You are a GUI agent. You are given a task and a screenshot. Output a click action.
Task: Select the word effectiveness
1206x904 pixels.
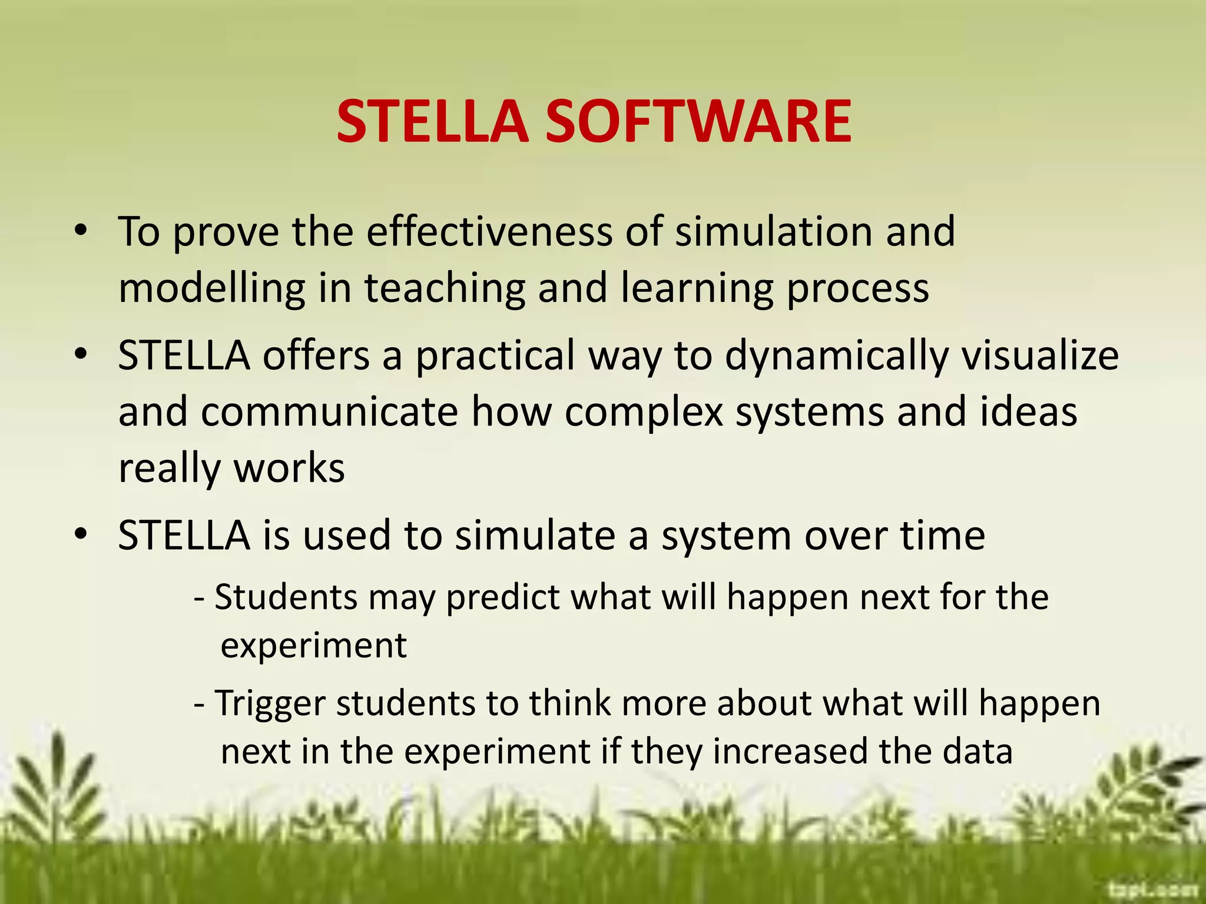coord(489,231)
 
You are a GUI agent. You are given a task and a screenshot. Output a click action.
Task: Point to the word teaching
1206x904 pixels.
coord(445,289)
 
